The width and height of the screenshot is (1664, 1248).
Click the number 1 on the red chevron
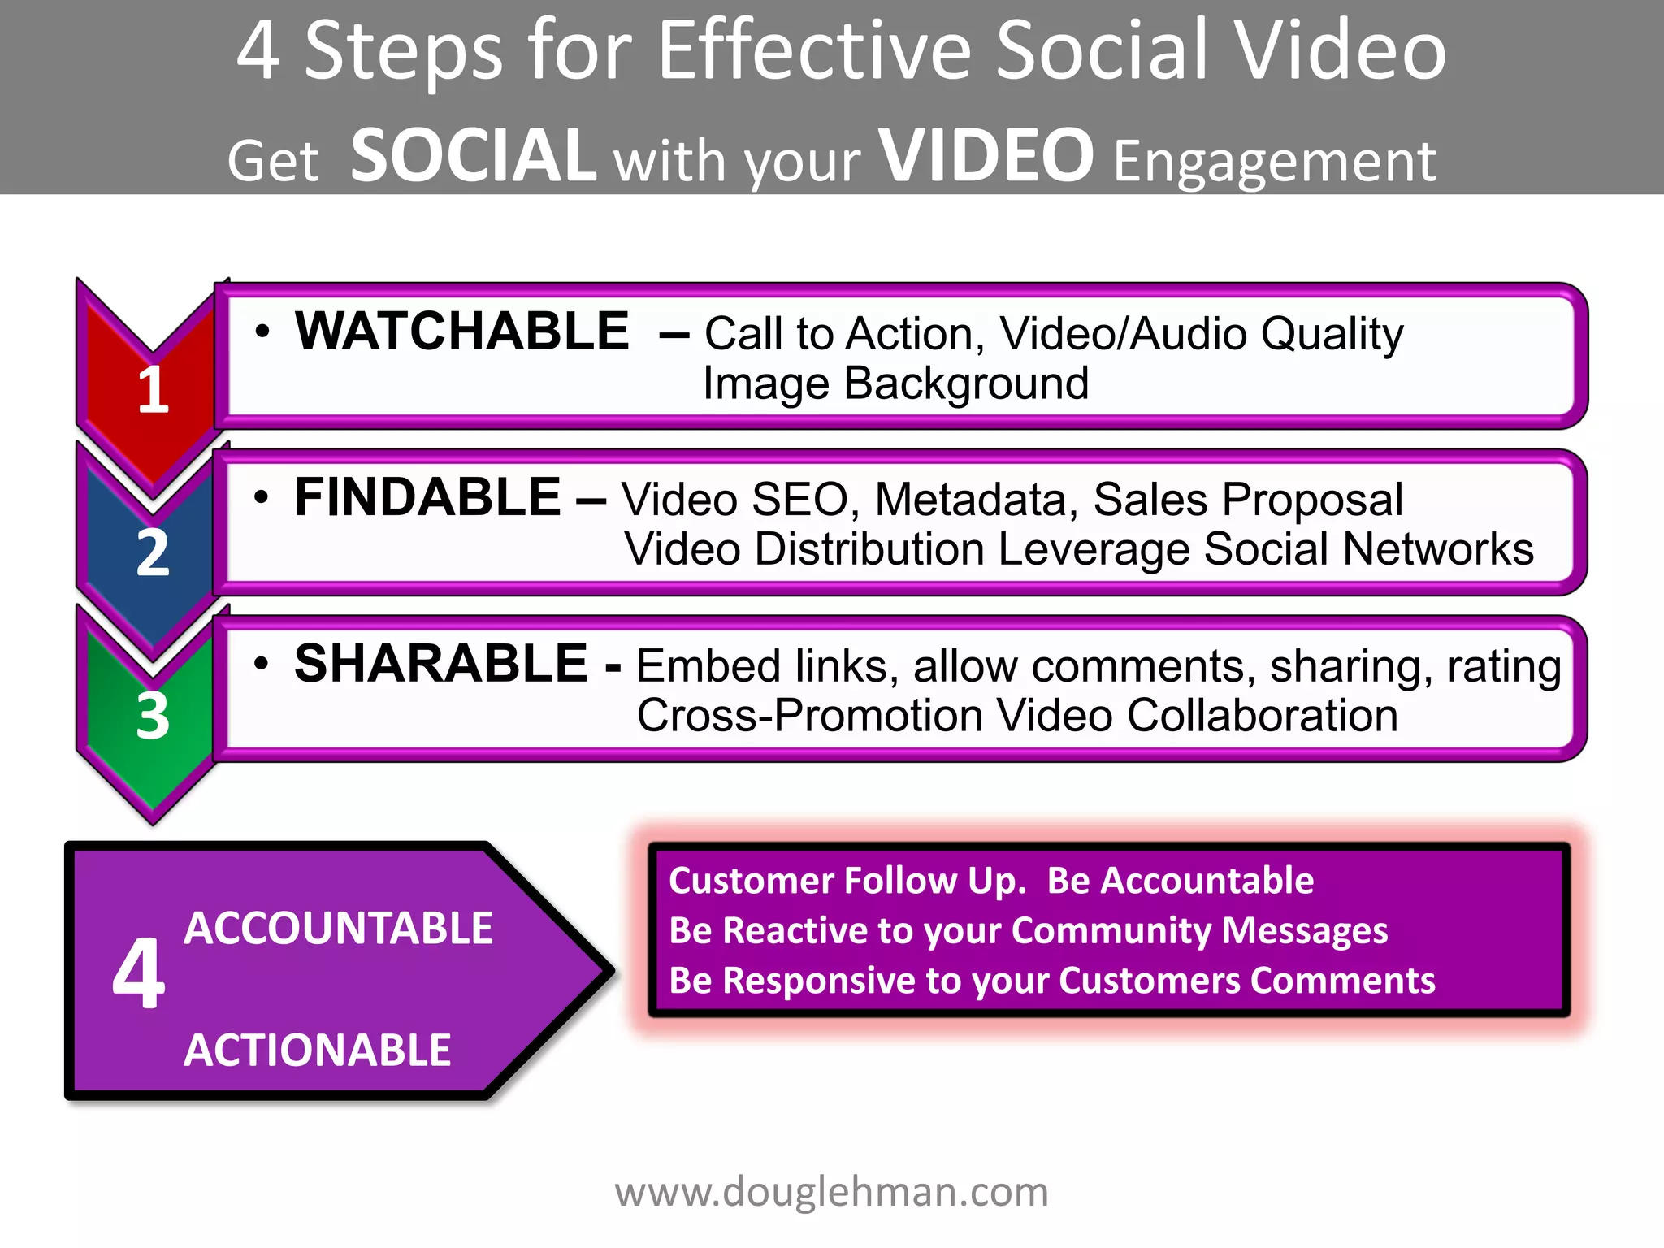click(x=153, y=390)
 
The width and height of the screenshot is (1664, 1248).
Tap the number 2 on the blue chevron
click(x=153, y=553)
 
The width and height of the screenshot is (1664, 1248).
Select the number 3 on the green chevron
click(x=153, y=716)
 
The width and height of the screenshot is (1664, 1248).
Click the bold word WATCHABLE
click(x=461, y=331)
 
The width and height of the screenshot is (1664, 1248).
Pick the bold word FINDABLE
click(x=427, y=497)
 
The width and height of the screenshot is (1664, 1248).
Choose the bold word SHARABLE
click(x=440, y=664)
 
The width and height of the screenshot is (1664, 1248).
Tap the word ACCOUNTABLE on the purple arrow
click(x=338, y=928)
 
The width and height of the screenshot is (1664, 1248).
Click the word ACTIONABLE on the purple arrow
click(x=317, y=1050)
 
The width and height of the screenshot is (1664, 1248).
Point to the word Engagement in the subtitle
click(x=1274, y=161)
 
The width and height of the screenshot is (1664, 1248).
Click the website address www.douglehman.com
click(x=831, y=1192)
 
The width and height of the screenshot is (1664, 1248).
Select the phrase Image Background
click(x=895, y=383)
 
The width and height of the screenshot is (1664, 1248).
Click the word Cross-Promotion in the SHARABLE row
click(x=810, y=716)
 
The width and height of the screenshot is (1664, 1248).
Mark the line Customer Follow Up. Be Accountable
click(x=990, y=881)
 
